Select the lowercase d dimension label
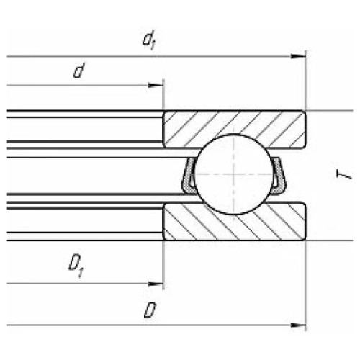click(79, 71)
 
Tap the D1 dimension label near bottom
click(76, 267)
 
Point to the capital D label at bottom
click(150, 310)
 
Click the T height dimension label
click(344, 174)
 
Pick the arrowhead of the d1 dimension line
click(298, 56)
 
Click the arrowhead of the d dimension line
click(156, 85)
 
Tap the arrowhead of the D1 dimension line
click(156, 284)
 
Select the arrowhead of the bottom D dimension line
click(298, 325)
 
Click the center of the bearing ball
click(233, 174)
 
